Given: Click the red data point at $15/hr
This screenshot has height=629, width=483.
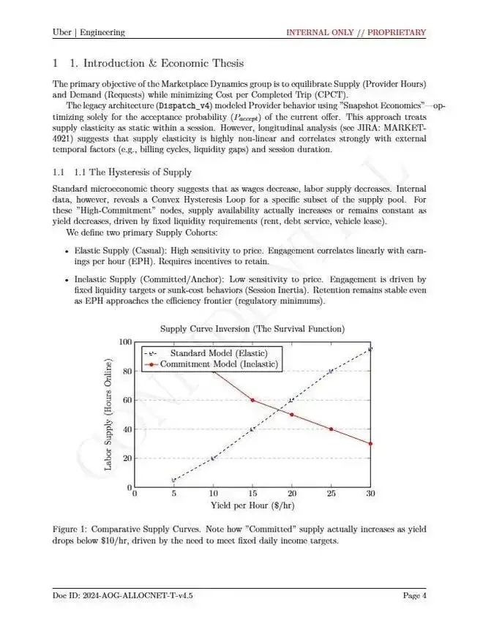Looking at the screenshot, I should click(x=252, y=400).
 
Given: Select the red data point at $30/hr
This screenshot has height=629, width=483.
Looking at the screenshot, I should click(x=370, y=443).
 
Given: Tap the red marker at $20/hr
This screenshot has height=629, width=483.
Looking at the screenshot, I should click(x=292, y=415).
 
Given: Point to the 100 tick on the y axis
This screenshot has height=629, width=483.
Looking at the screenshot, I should click(x=126, y=342).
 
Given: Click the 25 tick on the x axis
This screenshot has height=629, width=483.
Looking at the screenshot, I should click(x=331, y=494).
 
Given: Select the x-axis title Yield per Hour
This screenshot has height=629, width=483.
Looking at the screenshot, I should click(x=252, y=505).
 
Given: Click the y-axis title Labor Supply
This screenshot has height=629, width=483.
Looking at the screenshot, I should click(x=108, y=415).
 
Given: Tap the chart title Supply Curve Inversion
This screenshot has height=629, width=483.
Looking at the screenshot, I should click(x=252, y=329).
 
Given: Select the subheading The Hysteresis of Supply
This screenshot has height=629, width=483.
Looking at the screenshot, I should click(x=132, y=172).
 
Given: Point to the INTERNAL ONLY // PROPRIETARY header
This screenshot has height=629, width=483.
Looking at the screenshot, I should click(x=356, y=32).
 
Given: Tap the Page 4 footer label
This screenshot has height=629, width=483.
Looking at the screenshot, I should click(x=414, y=595).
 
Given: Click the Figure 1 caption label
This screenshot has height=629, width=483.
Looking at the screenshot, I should click(x=71, y=528).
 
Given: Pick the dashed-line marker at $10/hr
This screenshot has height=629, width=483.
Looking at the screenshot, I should click(x=213, y=458).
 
